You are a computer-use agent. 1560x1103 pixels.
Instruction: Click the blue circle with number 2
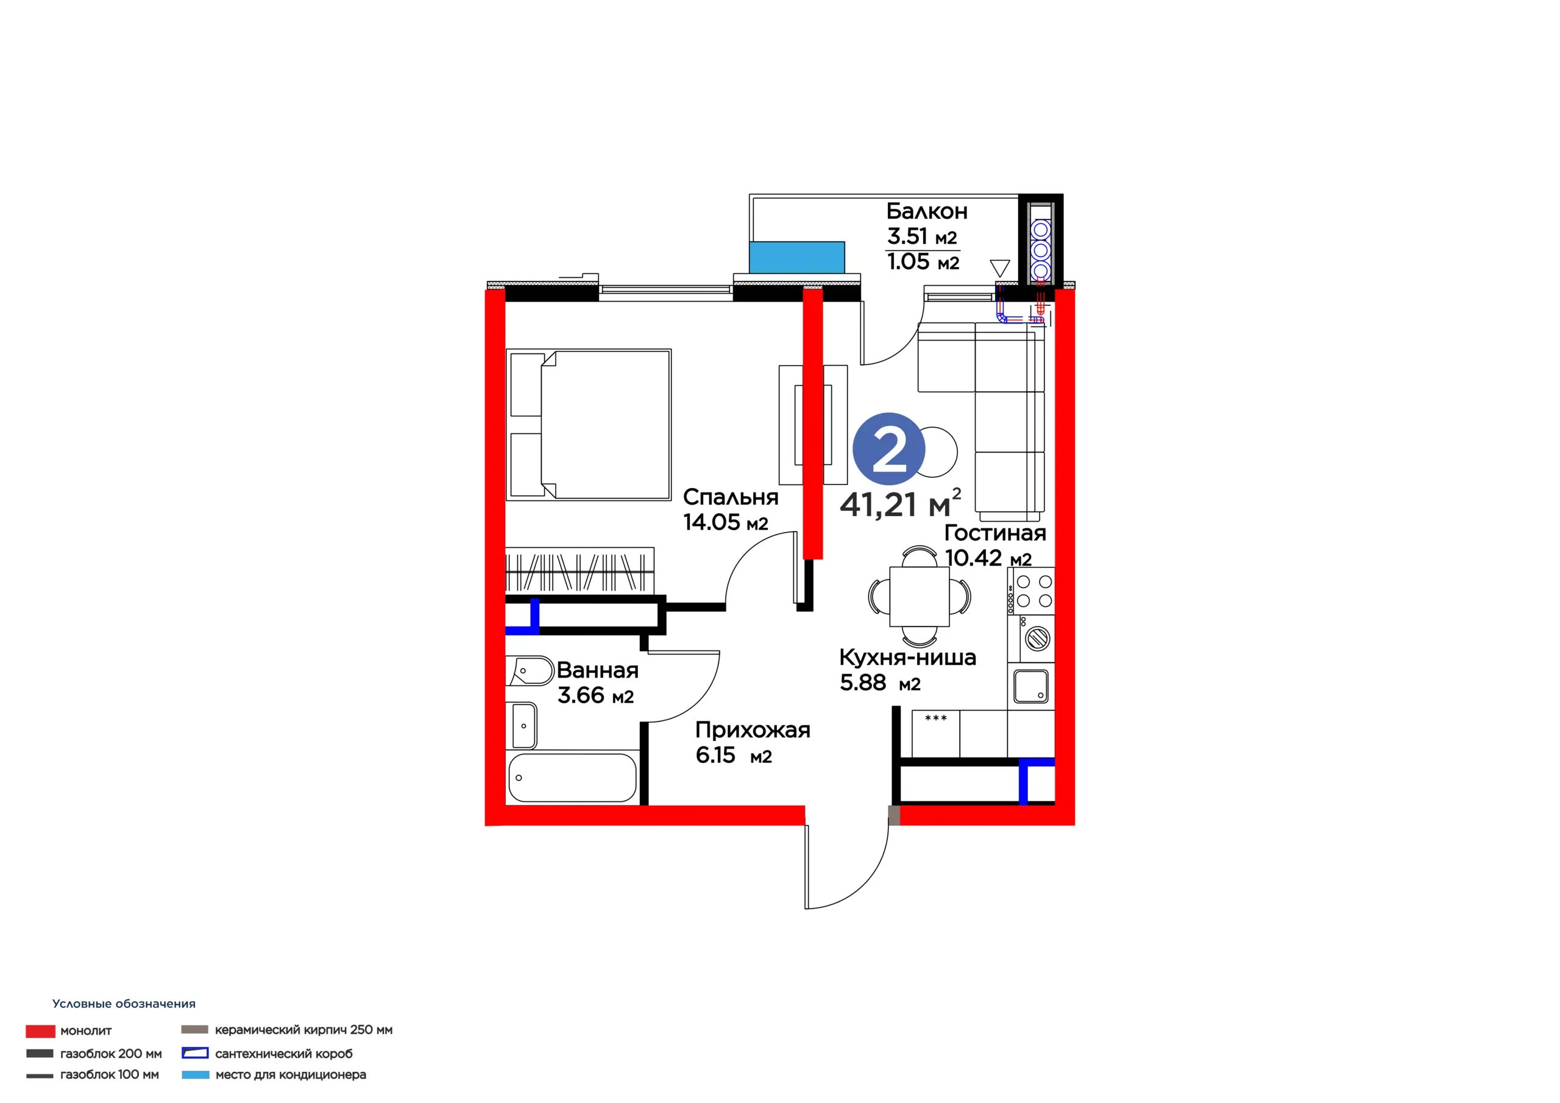coord(888,449)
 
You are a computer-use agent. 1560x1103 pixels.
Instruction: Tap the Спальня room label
coord(731,497)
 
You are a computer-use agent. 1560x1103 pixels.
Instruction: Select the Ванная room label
coord(597,670)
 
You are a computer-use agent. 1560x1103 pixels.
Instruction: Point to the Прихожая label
coord(752,731)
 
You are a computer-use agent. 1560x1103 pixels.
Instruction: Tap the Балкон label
coord(927,211)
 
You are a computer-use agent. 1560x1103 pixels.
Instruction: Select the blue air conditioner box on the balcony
coord(797,258)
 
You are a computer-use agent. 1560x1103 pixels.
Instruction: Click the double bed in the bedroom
coord(589,425)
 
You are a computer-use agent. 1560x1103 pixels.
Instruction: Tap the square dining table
coord(920,597)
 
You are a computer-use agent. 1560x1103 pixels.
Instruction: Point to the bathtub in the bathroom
coord(572,778)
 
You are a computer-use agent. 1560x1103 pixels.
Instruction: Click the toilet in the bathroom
coord(530,671)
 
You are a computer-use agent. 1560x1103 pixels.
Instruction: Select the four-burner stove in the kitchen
coord(1032,591)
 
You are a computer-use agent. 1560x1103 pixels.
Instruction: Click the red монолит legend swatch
coord(40,1031)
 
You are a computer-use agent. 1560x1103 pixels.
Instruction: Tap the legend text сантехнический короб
coord(284,1054)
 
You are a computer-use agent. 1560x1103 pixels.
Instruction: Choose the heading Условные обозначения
coord(124,1004)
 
